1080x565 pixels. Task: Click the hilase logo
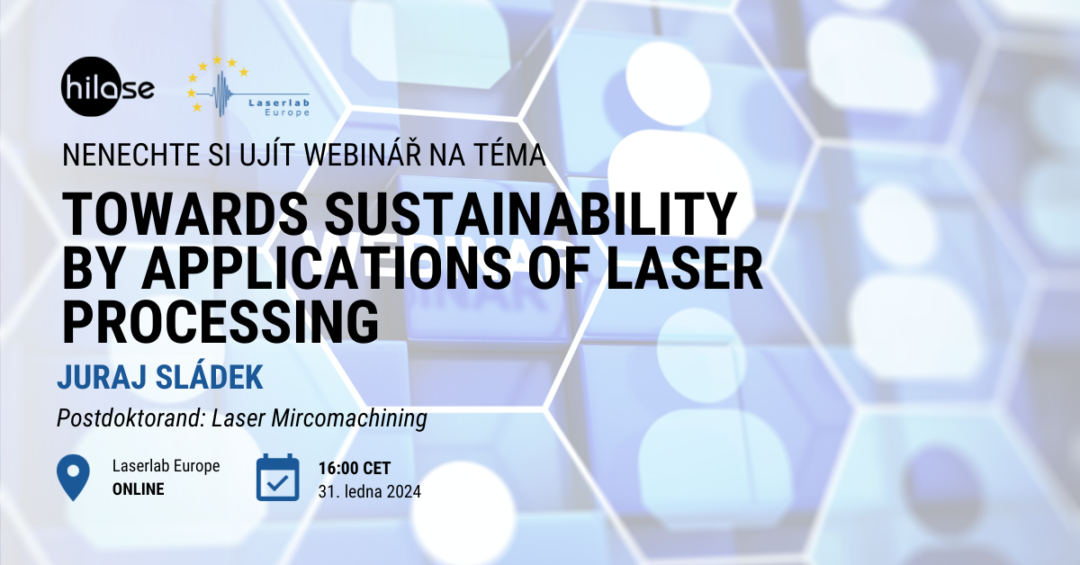coord(107,86)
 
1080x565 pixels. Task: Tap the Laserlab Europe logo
coord(248,86)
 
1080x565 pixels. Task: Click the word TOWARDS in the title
coord(185,214)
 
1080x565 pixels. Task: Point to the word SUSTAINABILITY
coord(530,214)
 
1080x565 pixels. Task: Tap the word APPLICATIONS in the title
coord(327,267)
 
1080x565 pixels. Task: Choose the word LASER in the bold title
coord(685,267)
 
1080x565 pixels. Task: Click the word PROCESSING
coord(220,321)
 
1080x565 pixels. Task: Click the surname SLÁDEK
coord(210,376)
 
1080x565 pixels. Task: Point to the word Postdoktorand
coord(131,418)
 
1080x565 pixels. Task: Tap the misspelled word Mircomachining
coord(349,418)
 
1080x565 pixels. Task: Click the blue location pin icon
coord(73,477)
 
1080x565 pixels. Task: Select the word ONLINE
coord(139,489)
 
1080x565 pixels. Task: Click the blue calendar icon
coord(278,477)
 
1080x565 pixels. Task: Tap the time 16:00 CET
coord(355,468)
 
